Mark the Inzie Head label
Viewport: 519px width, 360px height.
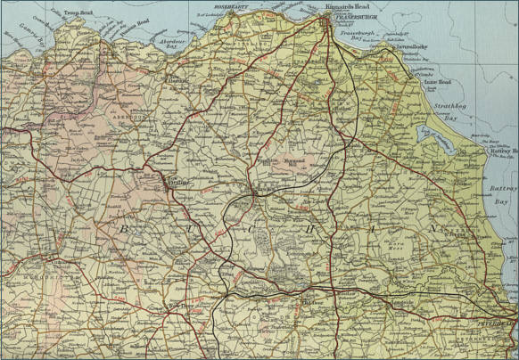pyautogui.click(x=437, y=83)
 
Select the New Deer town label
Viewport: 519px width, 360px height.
pyautogui.click(x=182, y=309)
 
